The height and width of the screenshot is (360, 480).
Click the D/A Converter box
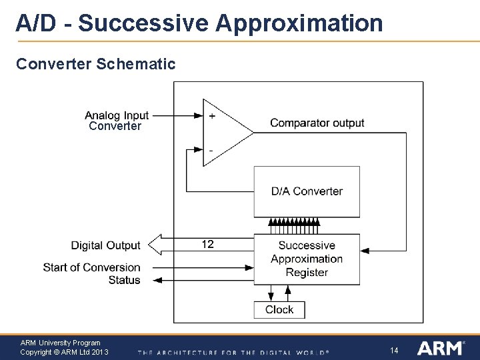point(307,191)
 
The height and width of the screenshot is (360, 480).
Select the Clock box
point(279,309)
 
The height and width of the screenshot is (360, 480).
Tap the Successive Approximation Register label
point(307,259)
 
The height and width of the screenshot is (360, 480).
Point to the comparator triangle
point(223,133)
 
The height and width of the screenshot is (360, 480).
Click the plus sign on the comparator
point(212,115)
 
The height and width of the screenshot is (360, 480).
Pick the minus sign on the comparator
point(211,151)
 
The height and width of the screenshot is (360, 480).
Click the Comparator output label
point(317,123)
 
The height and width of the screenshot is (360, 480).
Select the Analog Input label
point(117,115)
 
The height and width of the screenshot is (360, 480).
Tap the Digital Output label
point(106,245)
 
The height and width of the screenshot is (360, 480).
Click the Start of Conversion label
point(92,267)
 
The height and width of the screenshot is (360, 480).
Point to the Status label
point(125,280)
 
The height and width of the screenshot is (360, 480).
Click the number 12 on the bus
point(208,244)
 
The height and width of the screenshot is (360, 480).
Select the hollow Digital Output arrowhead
point(154,245)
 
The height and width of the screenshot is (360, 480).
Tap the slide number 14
point(394,350)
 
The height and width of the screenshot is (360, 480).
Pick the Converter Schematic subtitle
point(95,64)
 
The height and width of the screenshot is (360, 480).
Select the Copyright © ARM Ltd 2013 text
point(64,352)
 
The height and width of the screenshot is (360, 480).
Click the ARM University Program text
point(60,343)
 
